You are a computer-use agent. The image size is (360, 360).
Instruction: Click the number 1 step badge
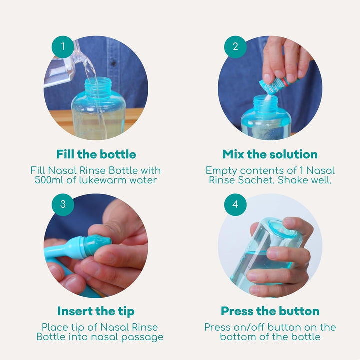63,47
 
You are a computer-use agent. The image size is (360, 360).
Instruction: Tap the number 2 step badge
235,47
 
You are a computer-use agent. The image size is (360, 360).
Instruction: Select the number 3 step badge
63,204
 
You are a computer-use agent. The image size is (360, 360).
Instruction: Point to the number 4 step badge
235,204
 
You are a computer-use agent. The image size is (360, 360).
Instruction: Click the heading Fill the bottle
96,154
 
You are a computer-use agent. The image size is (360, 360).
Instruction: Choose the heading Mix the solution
270,154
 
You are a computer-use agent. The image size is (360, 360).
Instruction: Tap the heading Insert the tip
96,311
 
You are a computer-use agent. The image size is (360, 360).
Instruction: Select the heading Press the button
270,311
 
